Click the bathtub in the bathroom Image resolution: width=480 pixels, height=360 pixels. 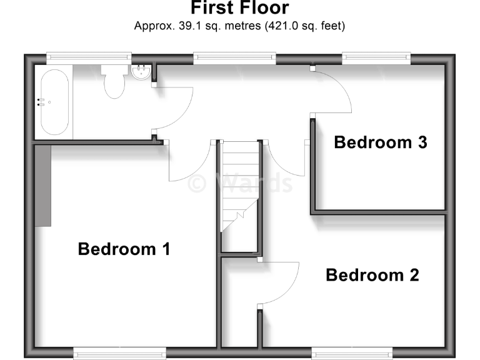(x=55, y=102)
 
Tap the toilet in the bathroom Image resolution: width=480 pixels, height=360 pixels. (x=114, y=82)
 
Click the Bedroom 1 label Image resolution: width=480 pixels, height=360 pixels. (x=124, y=249)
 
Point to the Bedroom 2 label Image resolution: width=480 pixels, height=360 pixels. (x=372, y=275)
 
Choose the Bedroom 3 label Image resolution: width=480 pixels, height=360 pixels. (x=380, y=142)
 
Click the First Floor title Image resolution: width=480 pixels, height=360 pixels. (x=239, y=8)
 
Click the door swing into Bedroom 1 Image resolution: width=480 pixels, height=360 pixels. (x=187, y=164)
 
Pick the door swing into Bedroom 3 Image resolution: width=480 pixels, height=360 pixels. (x=331, y=91)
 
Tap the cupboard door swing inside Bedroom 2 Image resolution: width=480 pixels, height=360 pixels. (x=278, y=281)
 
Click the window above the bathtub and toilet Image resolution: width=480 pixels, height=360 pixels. (x=89, y=57)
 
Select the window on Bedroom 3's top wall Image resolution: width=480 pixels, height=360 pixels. (x=376, y=57)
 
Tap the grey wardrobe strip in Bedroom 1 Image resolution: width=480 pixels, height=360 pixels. (x=42, y=184)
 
